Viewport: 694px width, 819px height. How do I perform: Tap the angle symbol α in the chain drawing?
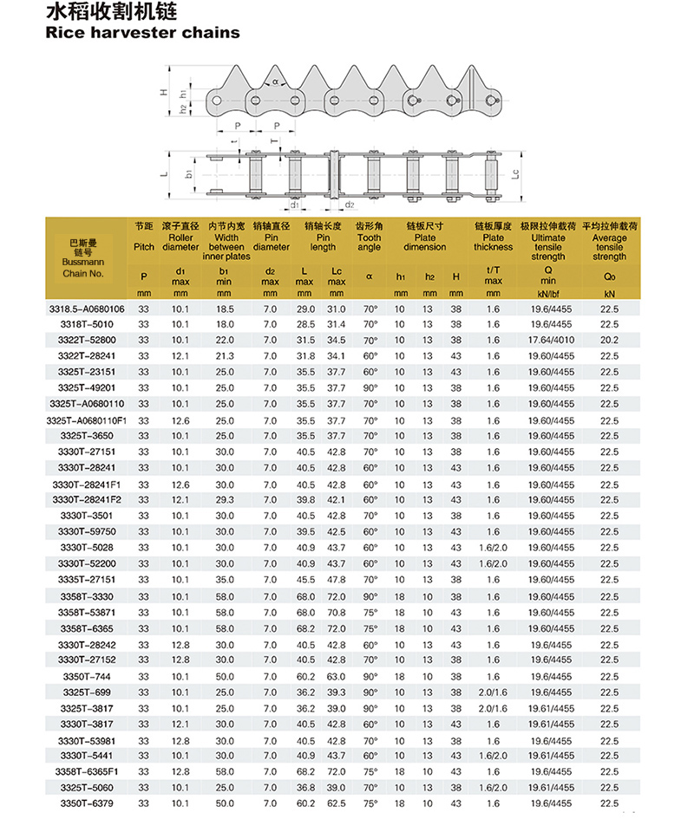point(276,82)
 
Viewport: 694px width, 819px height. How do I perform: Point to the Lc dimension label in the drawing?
point(514,174)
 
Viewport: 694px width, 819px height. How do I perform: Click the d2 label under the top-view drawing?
point(349,205)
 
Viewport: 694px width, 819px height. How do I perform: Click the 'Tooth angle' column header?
point(369,242)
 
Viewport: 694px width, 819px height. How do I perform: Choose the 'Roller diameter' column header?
point(180,242)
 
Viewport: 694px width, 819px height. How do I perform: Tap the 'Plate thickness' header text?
point(493,242)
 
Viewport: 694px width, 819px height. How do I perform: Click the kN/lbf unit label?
point(548,294)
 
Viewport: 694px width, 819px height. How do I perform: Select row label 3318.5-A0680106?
point(86,309)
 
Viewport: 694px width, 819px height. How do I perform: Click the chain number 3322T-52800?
point(86,340)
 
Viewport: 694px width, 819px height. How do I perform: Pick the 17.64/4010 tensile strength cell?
point(548,340)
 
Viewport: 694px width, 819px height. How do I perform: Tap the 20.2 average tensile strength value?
point(609,340)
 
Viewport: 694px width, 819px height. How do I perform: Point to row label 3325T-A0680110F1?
point(86,419)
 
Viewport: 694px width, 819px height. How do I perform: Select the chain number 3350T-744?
point(86,676)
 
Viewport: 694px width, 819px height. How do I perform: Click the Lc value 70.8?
point(337,612)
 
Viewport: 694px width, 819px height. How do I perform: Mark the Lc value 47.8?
point(337,580)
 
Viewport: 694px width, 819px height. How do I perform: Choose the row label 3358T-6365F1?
point(86,771)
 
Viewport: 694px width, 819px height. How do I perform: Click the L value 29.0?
point(305,309)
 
